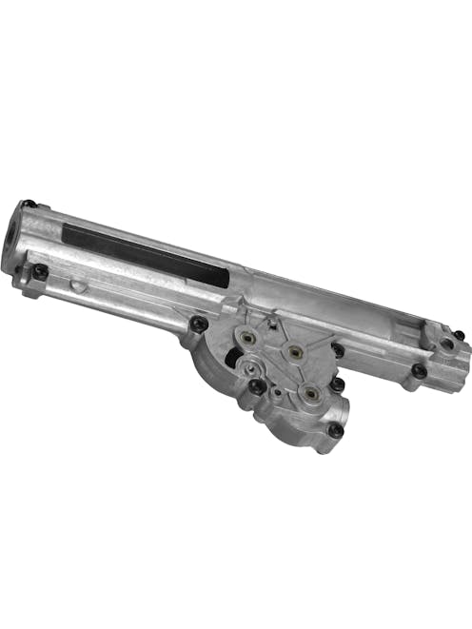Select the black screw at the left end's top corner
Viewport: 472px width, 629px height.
coord(29,205)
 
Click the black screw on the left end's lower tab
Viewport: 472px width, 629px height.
coord(40,272)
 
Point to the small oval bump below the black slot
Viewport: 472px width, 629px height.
coord(82,285)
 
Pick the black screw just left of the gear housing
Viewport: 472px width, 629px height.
coord(198,324)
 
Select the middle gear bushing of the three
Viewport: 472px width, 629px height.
coord(295,352)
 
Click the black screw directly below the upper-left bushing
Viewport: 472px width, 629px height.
coord(257,385)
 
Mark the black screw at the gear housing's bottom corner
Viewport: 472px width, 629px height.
coord(335,430)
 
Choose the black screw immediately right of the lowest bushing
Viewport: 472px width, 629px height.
coord(337,384)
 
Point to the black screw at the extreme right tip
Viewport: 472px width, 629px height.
coord(459,336)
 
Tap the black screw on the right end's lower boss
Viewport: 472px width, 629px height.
coord(419,371)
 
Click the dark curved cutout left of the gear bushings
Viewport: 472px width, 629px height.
coord(231,360)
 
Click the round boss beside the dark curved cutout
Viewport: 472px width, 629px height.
coord(249,364)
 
